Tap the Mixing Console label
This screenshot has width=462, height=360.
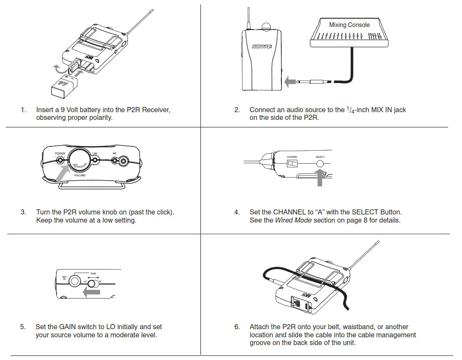click(x=349, y=25)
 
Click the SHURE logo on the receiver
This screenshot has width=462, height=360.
click(x=261, y=47)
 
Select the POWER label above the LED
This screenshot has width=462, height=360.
click(x=60, y=153)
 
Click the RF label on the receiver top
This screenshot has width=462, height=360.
click(x=115, y=153)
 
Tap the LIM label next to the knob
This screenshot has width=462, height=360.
click(x=95, y=153)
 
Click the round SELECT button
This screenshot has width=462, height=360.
click(x=320, y=164)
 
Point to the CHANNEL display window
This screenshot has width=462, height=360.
click(x=292, y=164)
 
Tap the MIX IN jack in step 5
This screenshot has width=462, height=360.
click(x=75, y=281)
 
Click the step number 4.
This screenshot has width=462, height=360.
click(x=237, y=212)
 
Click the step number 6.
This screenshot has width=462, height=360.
click(x=237, y=327)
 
